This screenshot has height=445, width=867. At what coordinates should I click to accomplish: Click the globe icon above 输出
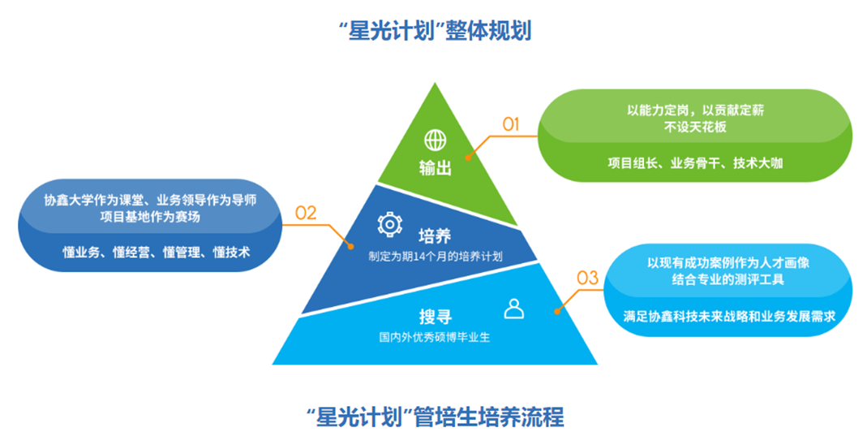(x=436, y=139)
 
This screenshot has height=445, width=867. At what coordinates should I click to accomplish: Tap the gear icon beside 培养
(x=390, y=223)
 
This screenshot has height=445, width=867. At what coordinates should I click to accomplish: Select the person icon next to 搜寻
(x=514, y=308)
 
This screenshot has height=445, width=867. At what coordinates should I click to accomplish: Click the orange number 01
(x=511, y=124)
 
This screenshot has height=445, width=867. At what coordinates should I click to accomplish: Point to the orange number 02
(x=306, y=214)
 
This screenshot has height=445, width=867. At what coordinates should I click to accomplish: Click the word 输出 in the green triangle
(x=436, y=168)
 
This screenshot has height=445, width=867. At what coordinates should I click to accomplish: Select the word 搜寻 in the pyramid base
(x=435, y=316)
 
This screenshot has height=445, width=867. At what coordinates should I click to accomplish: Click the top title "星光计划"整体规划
(x=434, y=32)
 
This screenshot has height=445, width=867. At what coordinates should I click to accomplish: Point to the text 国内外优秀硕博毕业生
(x=435, y=335)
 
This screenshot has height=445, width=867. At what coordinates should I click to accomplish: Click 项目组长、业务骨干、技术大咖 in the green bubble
(x=695, y=162)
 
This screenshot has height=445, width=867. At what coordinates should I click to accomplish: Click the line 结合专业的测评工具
(x=730, y=279)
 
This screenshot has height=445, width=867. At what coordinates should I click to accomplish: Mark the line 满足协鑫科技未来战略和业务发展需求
(x=730, y=317)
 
